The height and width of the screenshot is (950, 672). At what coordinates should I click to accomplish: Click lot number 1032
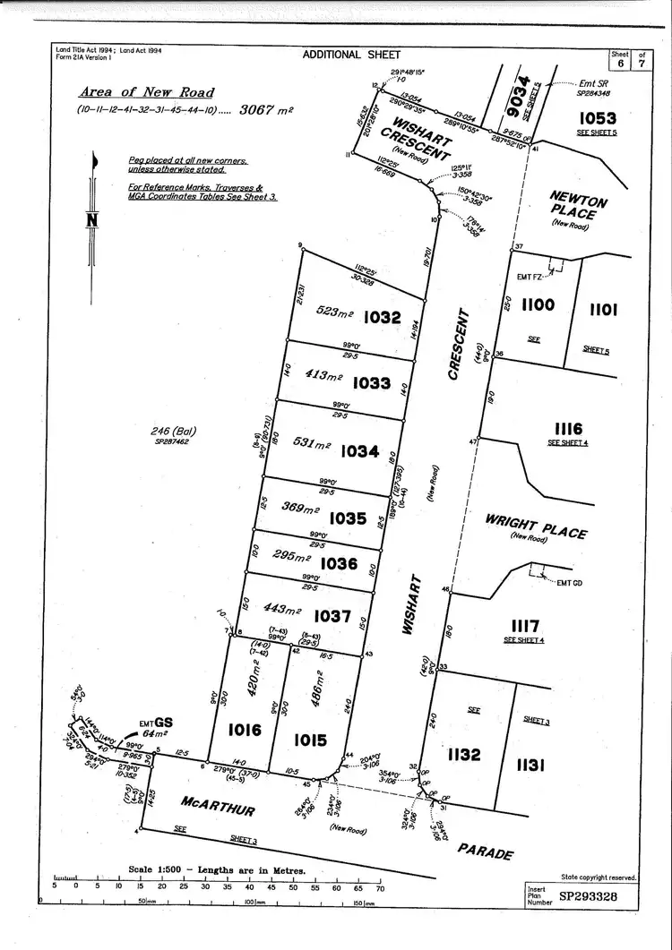(383, 316)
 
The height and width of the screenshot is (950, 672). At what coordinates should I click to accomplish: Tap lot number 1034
(360, 451)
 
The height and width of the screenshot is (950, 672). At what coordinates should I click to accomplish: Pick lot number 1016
(244, 731)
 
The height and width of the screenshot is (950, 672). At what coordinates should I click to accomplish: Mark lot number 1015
(308, 740)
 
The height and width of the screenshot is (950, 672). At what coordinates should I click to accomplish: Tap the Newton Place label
(573, 208)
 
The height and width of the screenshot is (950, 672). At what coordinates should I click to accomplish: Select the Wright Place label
(536, 526)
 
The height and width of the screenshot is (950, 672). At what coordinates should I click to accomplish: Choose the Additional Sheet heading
(345, 55)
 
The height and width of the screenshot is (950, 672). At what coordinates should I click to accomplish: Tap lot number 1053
(598, 117)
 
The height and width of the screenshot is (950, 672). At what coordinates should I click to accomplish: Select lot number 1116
(568, 429)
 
